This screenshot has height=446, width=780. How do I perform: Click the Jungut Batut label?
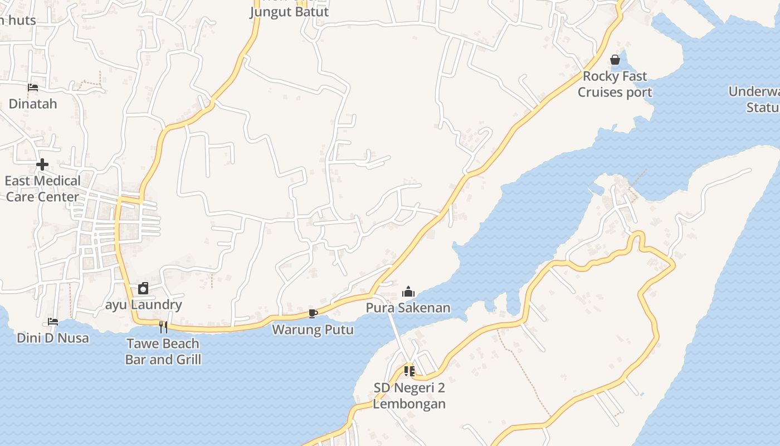pyautogui.click(x=289, y=12)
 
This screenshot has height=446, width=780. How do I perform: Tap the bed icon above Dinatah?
pyautogui.click(x=33, y=88)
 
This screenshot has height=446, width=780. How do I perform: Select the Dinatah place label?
pyautogui.click(x=33, y=104)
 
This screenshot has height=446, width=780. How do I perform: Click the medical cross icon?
pyautogui.click(x=42, y=164)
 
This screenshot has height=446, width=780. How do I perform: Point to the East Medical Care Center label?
pyautogui.click(x=42, y=188)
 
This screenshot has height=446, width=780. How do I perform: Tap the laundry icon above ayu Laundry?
pyautogui.click(x=143, y=288)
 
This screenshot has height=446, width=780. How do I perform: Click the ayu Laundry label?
pyautogui.click(x=144, y=305)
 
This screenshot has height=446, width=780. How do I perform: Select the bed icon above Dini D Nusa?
pyautogui.click(x=53, y=322)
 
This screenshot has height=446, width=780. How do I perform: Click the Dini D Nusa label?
pyautogui.click(x=53, y=338)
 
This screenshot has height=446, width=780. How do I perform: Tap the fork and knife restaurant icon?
pyautogui.click(x=163, y=327)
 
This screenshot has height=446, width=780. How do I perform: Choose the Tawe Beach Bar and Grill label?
pyautogui.click(x=163, y=351)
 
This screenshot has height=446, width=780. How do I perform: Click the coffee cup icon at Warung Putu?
pyautogui.click(x=313, y=314)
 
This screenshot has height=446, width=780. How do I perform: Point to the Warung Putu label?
pyautogui.click(x=313, y=330)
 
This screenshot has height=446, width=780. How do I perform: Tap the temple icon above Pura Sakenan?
pyautogui.click(x=408, y=292)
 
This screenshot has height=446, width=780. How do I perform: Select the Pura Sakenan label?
pyautogui.click(x=408, y=308)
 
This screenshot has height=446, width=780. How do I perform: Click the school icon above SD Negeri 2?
pyautogui.click(x=409, y=371)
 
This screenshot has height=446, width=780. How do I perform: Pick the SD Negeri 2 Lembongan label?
pyautogui.click(x=409, y=396)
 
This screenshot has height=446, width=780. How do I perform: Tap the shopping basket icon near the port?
pyautogui.click(x=615, y=60)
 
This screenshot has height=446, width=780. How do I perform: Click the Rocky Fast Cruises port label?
pyautogui.click(x=615, y=84)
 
